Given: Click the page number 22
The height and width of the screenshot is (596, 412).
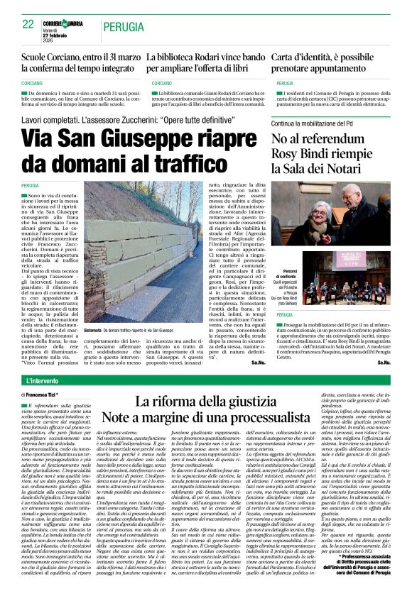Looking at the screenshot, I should [x=28, y=23].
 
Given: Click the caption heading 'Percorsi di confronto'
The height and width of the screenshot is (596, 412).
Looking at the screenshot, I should [x=289, y=276].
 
